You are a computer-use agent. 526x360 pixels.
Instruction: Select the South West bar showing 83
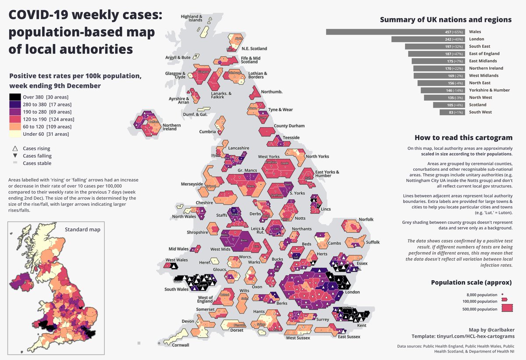pyautogui.click(x=452, y=112)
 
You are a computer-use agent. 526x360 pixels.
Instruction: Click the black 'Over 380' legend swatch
pyautogui.click(x=14, y=97)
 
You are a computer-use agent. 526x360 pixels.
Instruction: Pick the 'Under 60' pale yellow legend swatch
pyautogui.click(x=14, y=134)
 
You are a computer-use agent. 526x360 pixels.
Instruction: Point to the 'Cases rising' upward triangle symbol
pyautogui.click(x=15, y=148)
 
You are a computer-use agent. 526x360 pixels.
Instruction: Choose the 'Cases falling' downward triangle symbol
pyautogui.click(x=15, y=156)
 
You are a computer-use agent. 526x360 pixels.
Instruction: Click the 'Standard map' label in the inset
pyautogui.click(x=82, y=229)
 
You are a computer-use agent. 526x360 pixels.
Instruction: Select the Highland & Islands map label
pyautogui.click(x=192, y=18)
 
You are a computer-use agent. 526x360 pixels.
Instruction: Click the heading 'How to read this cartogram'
pyautogui.click(x=463, y=138)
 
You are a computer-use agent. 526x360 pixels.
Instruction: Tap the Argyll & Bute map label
pyautogui.click(x=178, y=57)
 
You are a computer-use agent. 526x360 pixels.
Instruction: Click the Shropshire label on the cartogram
pyautogui.click(x=197, y=233)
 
